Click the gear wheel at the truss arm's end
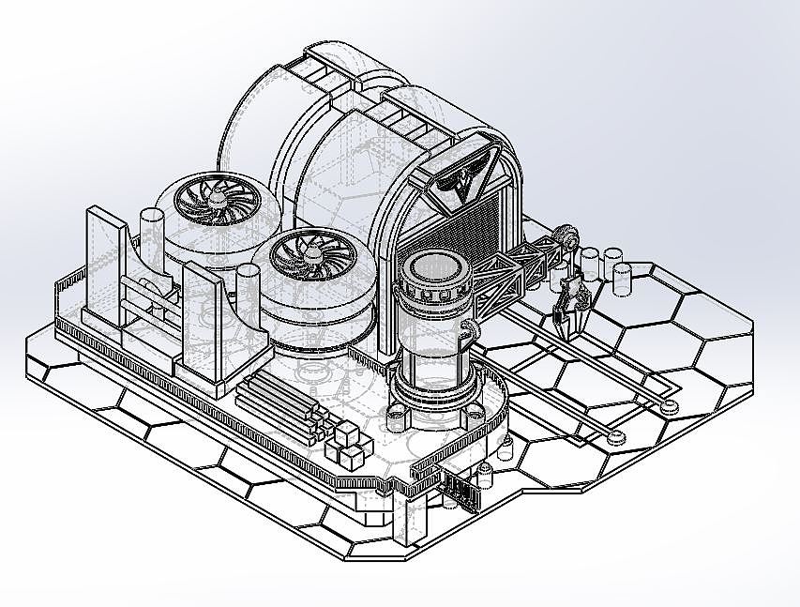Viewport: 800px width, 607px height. coord(566,238)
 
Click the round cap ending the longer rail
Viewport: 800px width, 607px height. coord(669,406)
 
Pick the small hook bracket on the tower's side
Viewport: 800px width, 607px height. coord(468,329)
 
